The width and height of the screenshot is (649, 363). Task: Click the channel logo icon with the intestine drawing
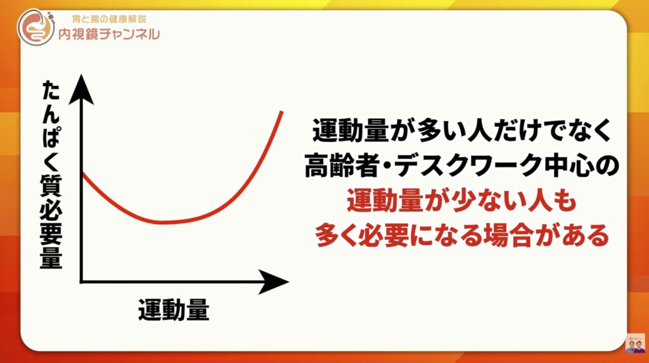(35, 27)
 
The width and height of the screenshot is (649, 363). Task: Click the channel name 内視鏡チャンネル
(109, 34)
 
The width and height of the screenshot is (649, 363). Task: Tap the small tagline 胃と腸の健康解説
(109, 19)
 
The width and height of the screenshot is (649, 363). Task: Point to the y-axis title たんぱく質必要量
(51, 174)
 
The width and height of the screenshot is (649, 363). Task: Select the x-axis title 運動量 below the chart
(174, 310)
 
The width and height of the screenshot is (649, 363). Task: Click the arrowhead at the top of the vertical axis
(81, 89)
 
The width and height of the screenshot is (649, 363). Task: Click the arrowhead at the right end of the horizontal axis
(273, 282)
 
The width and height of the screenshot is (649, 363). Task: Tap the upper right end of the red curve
(282, 111)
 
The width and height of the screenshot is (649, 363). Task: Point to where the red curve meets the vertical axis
(83, 174)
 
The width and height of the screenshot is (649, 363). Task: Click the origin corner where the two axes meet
(82, 282)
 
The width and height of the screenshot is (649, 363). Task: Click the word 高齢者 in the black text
(342, 165)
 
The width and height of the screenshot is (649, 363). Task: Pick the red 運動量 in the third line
(385, 201)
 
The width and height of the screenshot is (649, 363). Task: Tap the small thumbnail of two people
(635, 343)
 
